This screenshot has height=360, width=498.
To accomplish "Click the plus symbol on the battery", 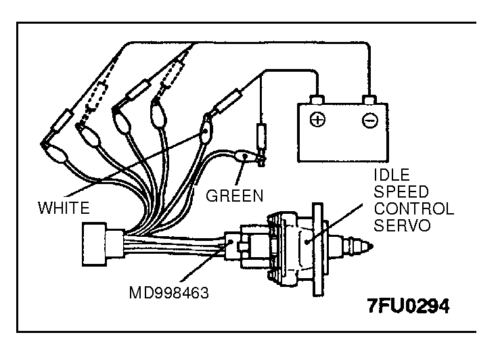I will coord(316,121).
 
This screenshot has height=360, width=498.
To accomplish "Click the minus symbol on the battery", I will coord(368,121).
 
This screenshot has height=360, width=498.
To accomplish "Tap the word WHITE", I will coord(64,206).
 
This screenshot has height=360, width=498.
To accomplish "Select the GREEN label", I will coord(234,196).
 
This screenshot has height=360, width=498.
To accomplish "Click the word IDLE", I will coord(391,176).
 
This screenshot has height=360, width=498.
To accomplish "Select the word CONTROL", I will coord(413,209).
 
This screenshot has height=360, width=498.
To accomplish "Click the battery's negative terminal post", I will coord(369,101).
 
